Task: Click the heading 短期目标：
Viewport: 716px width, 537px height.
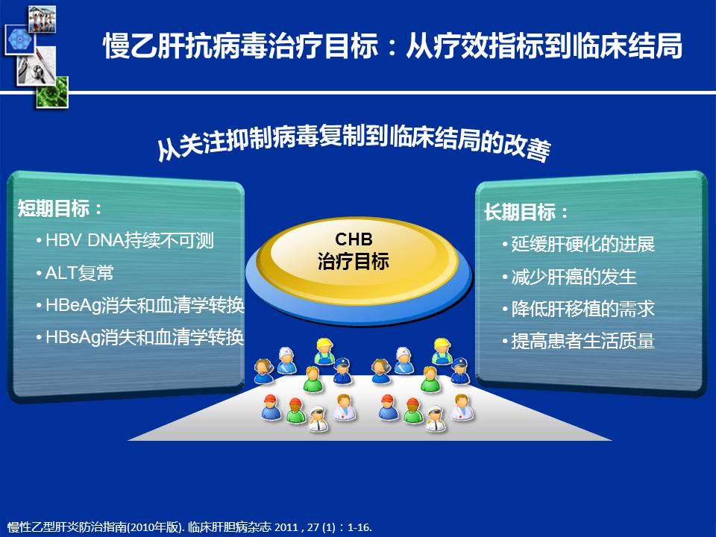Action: click(60, 209)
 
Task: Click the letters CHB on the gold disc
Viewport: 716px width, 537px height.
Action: click(354, 239)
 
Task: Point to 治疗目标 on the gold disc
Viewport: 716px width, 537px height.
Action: click(354, 261)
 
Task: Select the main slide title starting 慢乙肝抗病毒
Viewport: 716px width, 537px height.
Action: click(393, 45)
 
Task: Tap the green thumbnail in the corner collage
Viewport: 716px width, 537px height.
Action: click(52, 92)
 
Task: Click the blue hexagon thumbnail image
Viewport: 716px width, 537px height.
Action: click(19, 40)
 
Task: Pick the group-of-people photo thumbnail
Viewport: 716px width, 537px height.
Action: click(42, 19)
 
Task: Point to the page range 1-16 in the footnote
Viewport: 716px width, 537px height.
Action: click(359, 527)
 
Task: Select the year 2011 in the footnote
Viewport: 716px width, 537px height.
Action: click(286, 527)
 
